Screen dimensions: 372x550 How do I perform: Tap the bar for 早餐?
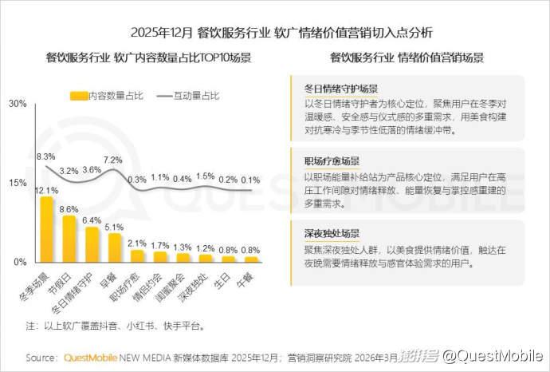(115, 248)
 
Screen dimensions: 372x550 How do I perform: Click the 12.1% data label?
(45, 191)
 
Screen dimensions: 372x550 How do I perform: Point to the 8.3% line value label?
(45, 156)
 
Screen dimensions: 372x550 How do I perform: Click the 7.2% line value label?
(113, 160)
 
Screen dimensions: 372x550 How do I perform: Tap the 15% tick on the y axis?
(18, 183)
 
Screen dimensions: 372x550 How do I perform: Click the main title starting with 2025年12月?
(275, 33)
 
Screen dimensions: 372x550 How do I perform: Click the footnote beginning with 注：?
(116, 326)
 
